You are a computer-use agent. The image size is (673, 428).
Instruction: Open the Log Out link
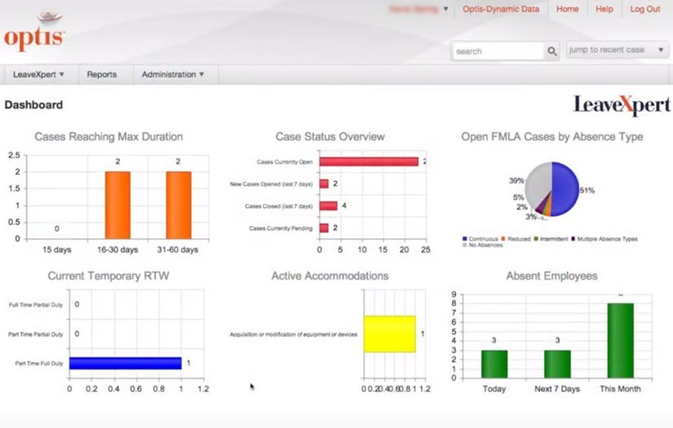[x=644, y=9]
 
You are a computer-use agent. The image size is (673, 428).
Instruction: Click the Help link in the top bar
[x=604, y=9]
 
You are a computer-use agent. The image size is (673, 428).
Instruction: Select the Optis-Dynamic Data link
[x=501, y=9]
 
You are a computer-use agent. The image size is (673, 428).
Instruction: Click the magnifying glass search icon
[x=552, y=51]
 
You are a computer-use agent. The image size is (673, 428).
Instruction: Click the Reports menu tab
[x=102, y=74]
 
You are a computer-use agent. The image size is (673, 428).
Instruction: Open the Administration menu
[x=172, y=74]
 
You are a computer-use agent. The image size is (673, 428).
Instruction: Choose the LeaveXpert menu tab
[x=38, y=74]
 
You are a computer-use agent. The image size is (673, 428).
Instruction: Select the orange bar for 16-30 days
[x=117, y=205]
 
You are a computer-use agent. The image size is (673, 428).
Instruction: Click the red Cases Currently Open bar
[x=368, y=161]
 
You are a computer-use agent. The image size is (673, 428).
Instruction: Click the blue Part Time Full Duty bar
[x=125, y=363]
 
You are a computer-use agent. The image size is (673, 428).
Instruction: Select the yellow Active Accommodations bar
[x=390, y=333]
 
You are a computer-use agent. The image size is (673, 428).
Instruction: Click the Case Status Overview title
[x=330, y=137]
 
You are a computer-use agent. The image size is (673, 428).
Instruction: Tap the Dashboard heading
[x=33, y=104]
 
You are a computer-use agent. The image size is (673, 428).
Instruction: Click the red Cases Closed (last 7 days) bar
[x=328, y=206]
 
